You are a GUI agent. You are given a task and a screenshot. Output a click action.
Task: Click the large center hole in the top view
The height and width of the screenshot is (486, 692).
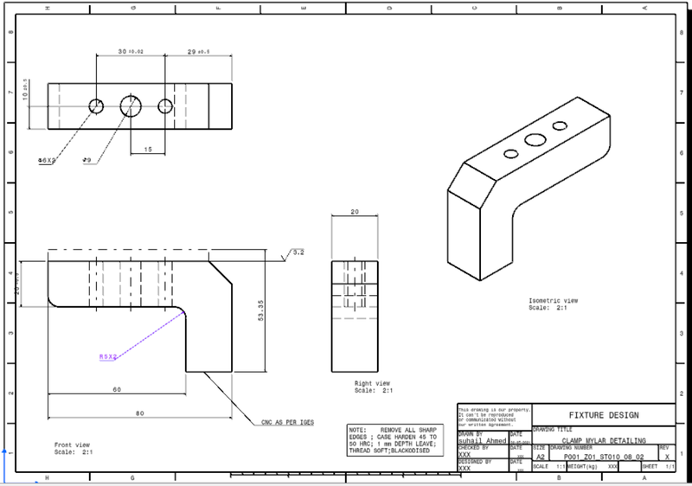131,106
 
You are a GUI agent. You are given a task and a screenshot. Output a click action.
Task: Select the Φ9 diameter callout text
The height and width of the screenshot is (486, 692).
87,160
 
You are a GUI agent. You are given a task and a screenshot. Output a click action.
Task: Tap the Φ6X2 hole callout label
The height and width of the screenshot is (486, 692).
47,161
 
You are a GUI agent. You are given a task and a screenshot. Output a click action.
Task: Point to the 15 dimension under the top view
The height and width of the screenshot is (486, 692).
148,150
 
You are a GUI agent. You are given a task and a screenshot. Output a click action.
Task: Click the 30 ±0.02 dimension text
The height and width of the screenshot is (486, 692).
131,52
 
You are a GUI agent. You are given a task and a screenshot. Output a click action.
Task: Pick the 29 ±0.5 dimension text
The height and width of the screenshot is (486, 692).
198,52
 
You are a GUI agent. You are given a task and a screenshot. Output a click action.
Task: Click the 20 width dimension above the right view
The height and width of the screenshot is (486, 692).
354,212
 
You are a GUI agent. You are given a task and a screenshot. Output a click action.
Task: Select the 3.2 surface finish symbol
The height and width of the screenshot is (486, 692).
296,253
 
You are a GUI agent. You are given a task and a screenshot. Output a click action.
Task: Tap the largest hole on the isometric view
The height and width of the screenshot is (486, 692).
535,139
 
